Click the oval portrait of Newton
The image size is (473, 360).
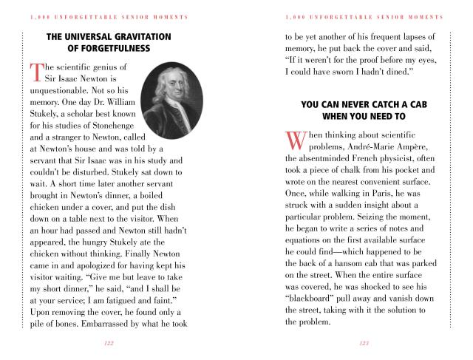click(x=169, y=95)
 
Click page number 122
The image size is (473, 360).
click(x=109, y=343)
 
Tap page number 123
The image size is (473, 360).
click(x=364, y=343)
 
